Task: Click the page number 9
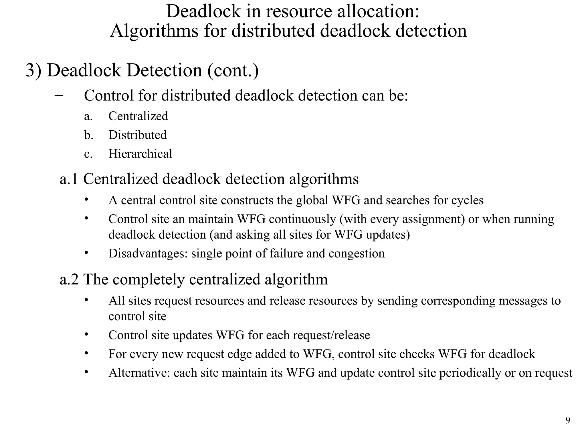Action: coord(568,420)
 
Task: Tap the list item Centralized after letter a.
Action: coord(138,116)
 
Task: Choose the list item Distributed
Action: coord(137,135)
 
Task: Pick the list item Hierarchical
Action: coord(140,154)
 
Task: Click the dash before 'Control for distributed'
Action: coord(59,95)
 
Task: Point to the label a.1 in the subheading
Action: coord(69,179)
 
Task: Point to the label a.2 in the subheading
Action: coord(69,279)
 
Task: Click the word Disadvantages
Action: coord(148,254)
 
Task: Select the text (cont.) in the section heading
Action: coord(233,70)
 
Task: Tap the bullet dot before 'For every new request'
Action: coord(86,353)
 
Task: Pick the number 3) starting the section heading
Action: coord(33,70)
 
